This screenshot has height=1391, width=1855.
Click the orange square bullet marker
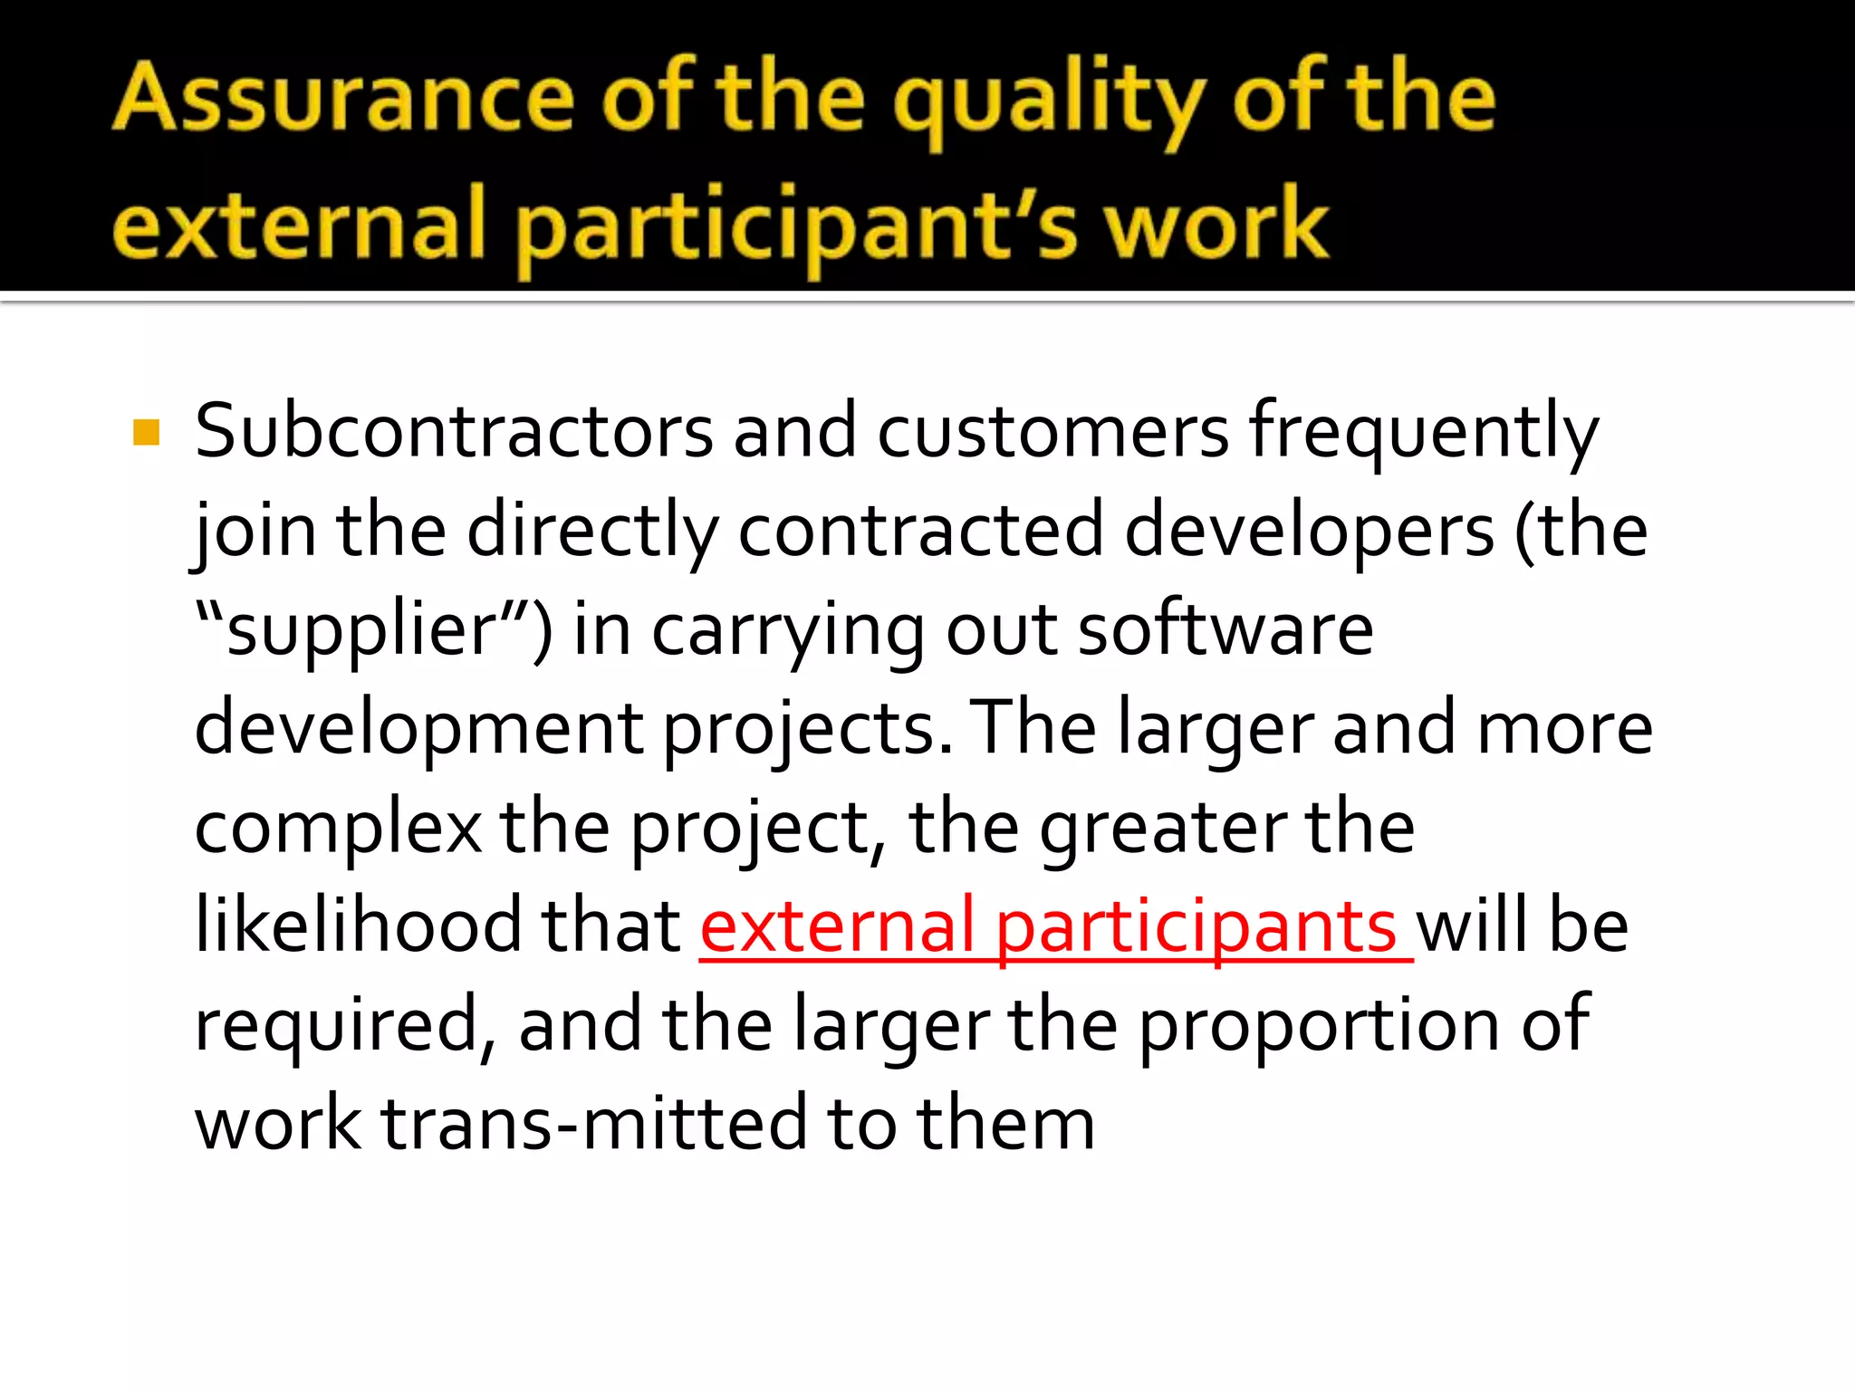point(146,433)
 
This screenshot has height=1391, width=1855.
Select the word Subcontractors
point(454,431)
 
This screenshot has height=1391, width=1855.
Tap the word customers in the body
point(1052,431)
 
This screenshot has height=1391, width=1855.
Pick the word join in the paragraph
point(255,531)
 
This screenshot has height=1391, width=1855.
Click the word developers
point(1309,532)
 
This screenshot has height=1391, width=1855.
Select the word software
point(1225,629)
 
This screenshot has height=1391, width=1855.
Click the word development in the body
point(418,729)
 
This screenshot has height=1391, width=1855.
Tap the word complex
point(338,829)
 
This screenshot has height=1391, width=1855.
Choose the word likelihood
point(359,926)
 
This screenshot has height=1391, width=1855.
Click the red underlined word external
point(837,926)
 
